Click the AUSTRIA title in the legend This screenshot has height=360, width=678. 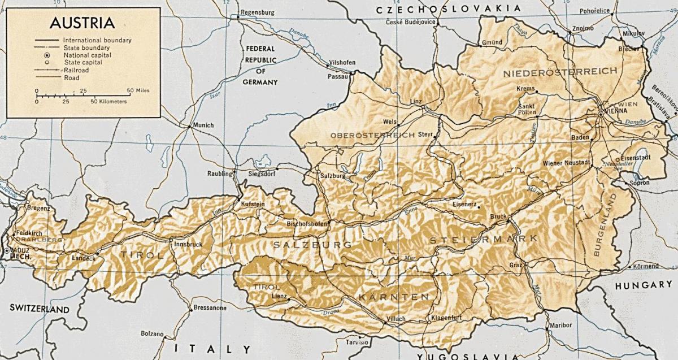(x=82, y=23)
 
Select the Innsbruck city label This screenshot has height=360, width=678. (x=189, y=244)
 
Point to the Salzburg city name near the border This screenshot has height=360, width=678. (x=332, y=176)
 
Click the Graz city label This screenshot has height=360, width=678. (x=515, y=264)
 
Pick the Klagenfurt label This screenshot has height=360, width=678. (x=448, y=318)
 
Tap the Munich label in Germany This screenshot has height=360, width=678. (x=203, y=125)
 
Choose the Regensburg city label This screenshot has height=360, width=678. (x=257, y=12)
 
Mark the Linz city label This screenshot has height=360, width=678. (x=416, y=101)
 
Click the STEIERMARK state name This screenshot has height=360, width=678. (x=483, y=240)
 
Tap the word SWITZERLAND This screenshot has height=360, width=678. (x=39, y=309)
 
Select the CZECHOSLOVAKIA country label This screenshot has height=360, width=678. (x=449, y=8)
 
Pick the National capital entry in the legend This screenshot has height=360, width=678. (x=87, y=55)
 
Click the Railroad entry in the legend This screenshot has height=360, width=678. (x=76, y=70)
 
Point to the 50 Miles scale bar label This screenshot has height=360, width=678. (x=138, y=90)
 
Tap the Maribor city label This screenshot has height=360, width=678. (x=560, y=325)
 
